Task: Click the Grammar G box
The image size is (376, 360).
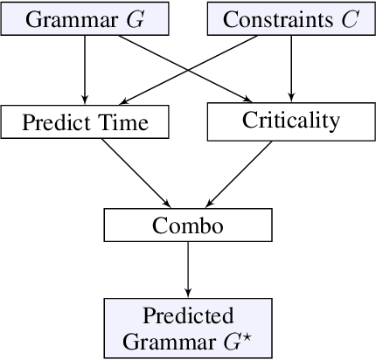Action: coord(85,20)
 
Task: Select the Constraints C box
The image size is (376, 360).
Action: coord(289,20)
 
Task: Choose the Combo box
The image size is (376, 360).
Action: coord(188,225)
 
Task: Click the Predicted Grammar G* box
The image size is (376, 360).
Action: coord(188,327)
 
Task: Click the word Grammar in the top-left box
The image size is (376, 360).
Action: coord(69,20)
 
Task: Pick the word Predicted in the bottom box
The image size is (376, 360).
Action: coord(189,315)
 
